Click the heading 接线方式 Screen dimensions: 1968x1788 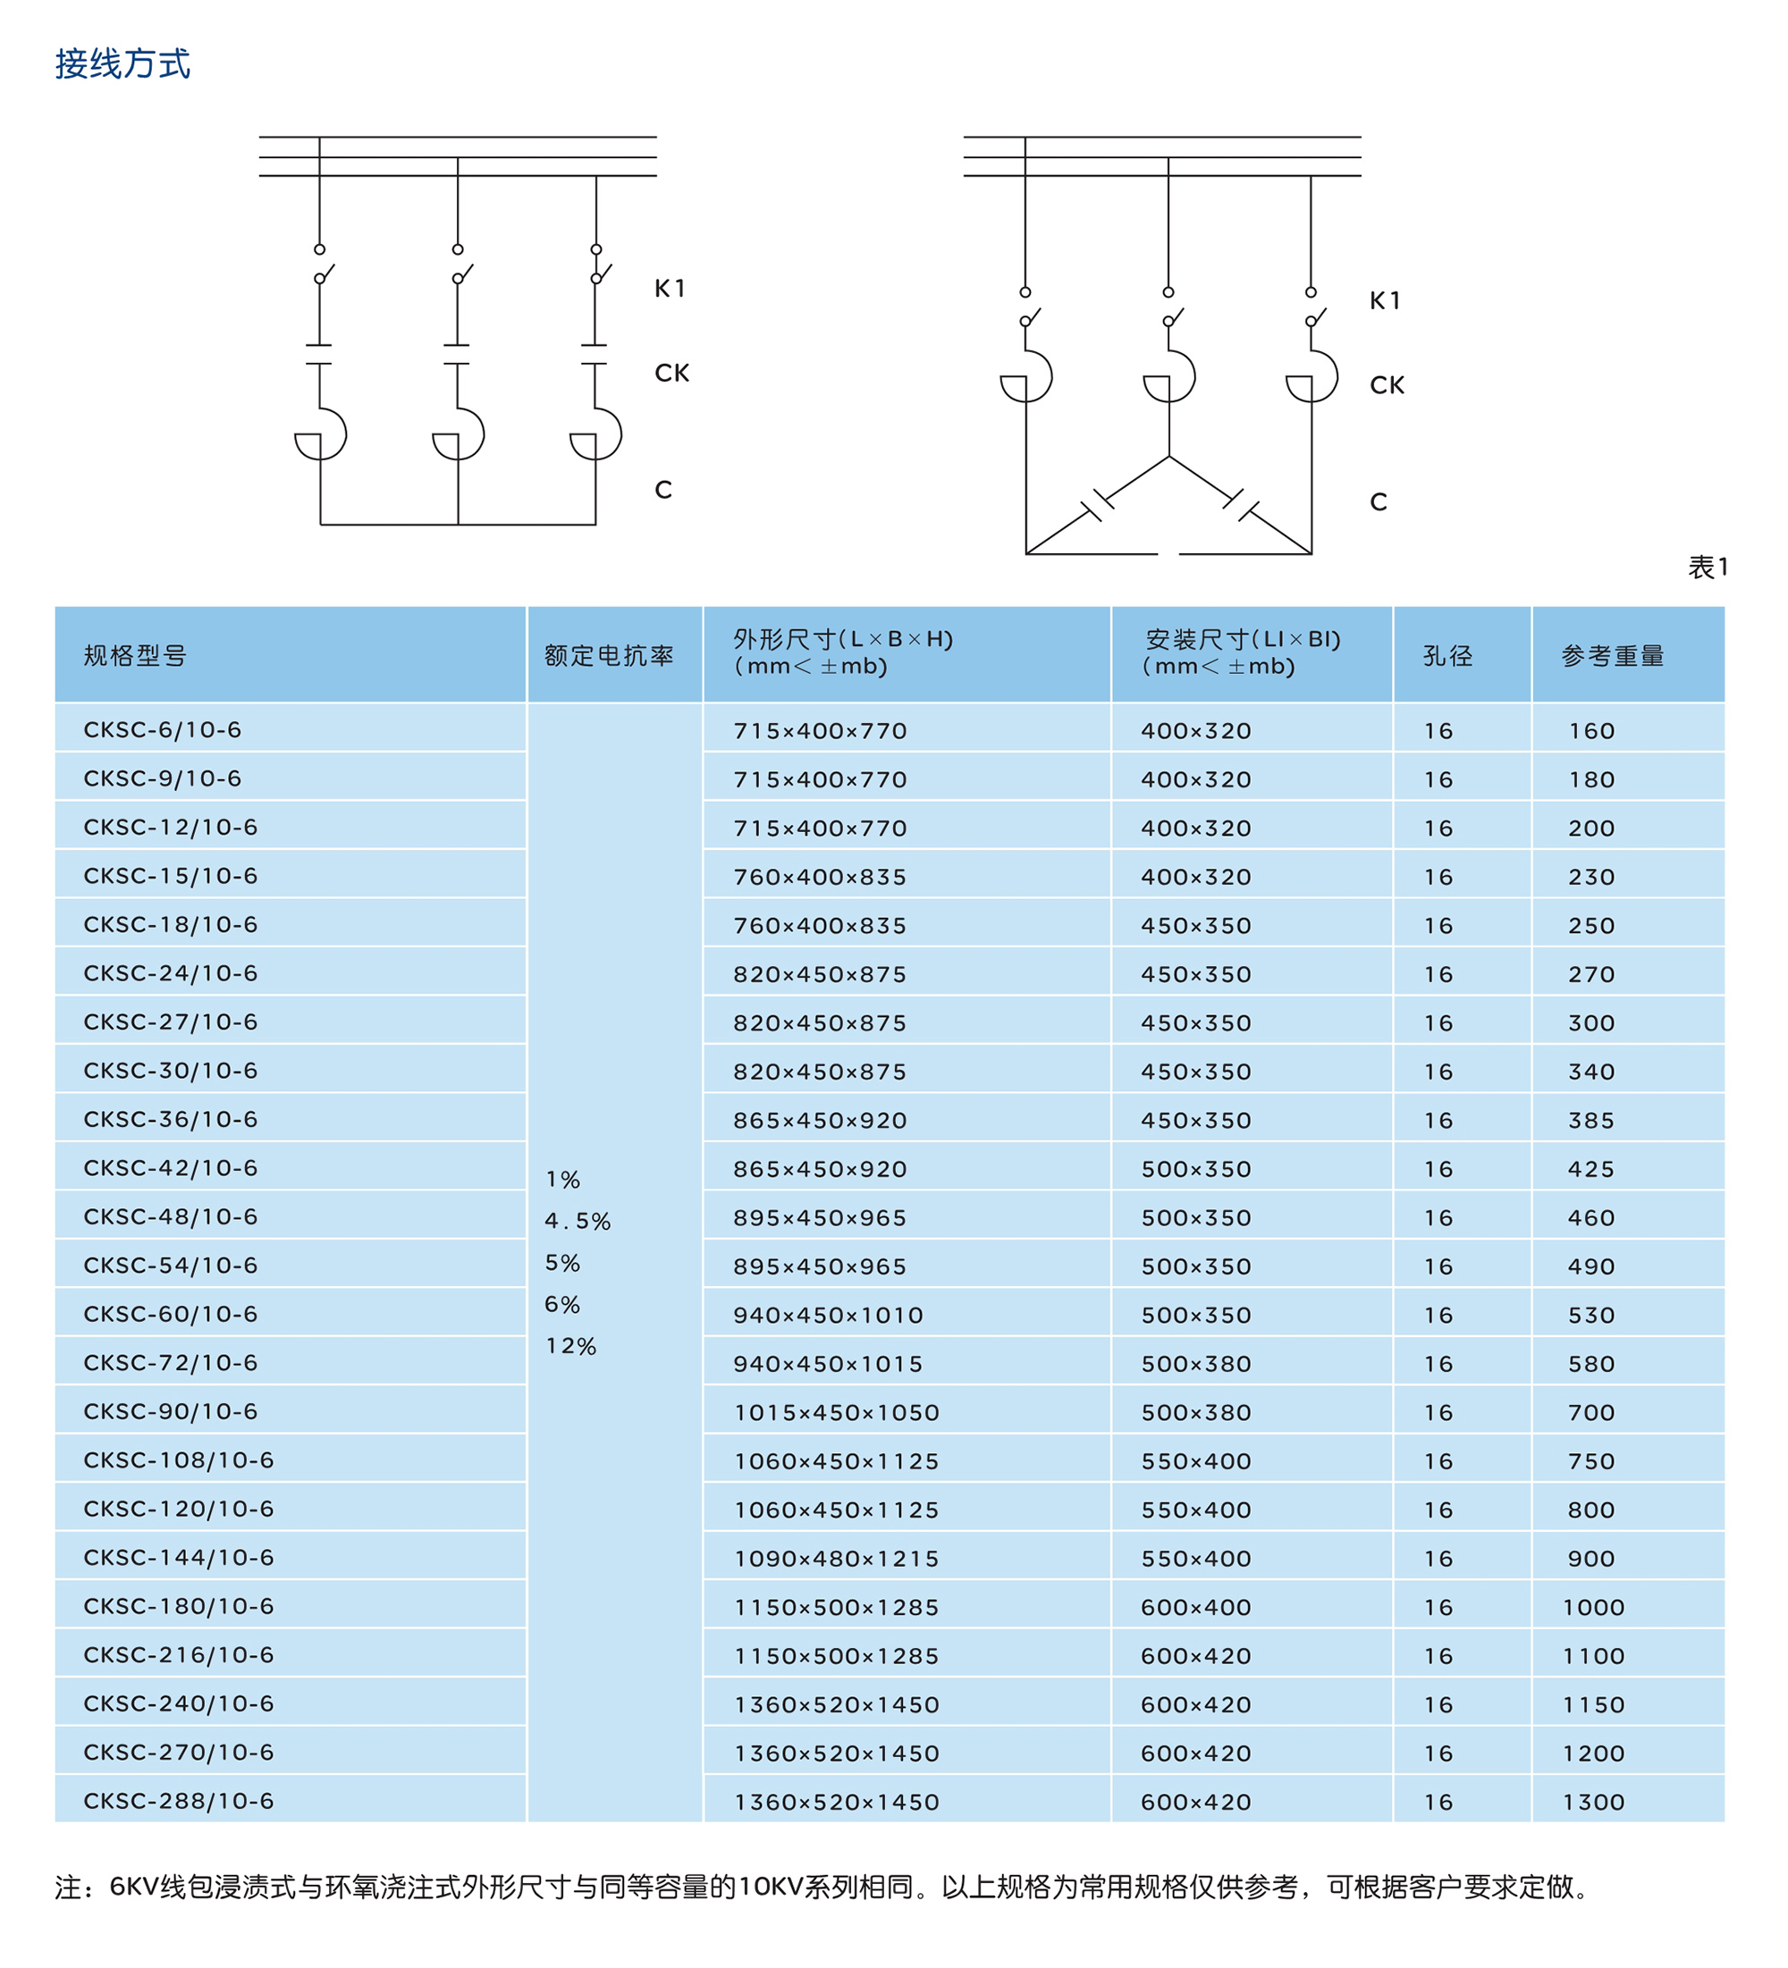pos(122,64)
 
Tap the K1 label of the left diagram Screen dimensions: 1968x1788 pos(670,289)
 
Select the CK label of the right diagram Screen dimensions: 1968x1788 pos(1387,385)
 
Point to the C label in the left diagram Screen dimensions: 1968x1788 pos(663,490)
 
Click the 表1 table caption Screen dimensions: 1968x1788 pos(1708,568)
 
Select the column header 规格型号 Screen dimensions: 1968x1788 pos(135,656)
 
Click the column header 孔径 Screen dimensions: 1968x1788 pos(1447,656)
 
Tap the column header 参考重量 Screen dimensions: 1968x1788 pos(1612,656)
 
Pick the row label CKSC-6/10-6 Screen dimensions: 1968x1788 pos(162,730)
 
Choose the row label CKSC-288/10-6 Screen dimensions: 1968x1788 pos(179,1801)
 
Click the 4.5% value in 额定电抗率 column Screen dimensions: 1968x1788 pos(578,1221)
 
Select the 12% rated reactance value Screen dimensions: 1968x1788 pos(570,1346)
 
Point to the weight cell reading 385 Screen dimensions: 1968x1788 pos(1590,1121)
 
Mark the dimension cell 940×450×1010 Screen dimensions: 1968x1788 pos(828,1315)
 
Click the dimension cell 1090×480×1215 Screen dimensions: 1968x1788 pos(836,1559)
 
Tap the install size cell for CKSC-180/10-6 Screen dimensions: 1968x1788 pos(1195,1608)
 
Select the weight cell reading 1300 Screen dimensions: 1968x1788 pos(1593,1802)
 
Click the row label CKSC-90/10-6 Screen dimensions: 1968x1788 pos(170,1411)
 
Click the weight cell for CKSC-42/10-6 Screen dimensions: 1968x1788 pos(1590,1170)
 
